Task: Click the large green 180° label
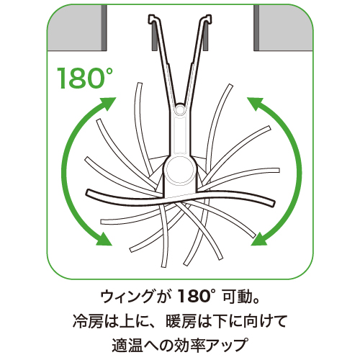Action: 85,78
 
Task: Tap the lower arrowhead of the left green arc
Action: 104,239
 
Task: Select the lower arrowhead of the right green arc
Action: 260,239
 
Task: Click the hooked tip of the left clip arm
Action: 152,19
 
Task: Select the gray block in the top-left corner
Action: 77,27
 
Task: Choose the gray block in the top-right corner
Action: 284,27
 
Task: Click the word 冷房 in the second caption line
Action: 88,322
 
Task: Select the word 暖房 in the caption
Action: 181,322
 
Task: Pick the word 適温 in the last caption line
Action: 127,345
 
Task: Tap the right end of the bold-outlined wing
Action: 273,202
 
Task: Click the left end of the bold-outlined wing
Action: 88,192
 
